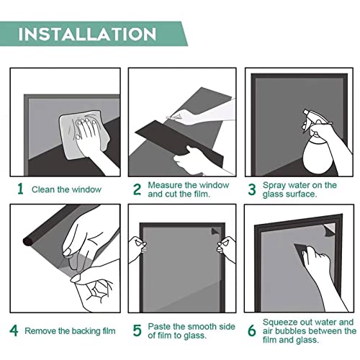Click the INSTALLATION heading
87,34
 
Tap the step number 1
20,189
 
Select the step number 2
137,189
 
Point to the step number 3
252,189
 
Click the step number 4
14,330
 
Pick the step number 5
137,330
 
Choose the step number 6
252,330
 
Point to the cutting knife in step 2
174,117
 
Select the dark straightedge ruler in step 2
178,142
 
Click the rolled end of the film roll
28,241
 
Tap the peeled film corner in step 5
215,232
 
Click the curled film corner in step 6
329,230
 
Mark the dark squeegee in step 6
301,250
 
